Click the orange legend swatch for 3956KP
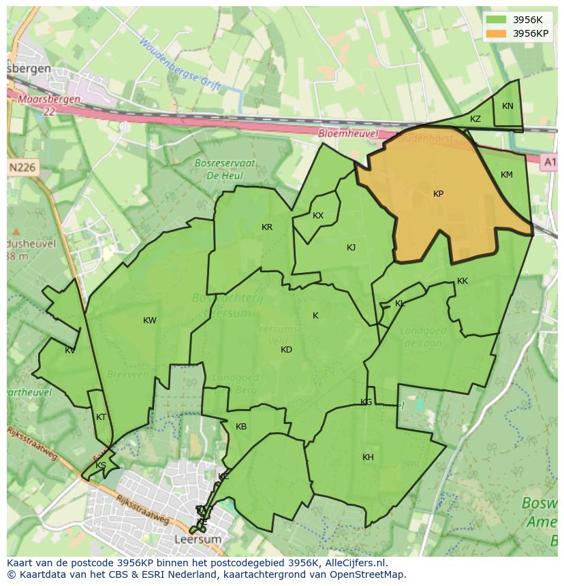[497, 33]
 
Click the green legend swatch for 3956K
[497, 20]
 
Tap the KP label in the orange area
[438, 194]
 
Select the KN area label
[507, 106]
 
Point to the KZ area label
[475, 119]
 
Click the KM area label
[506, 175]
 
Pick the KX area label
[318, 216]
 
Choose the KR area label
[267, 227]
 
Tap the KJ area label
[351, 248]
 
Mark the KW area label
[150, 321]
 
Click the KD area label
[286, 350]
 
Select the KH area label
[368, 457]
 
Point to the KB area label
[241, 427]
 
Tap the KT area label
[101, 417]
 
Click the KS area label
[101, 466]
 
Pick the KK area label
[463, 281]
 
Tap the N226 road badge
[22, 167]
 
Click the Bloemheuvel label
[347, 134]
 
